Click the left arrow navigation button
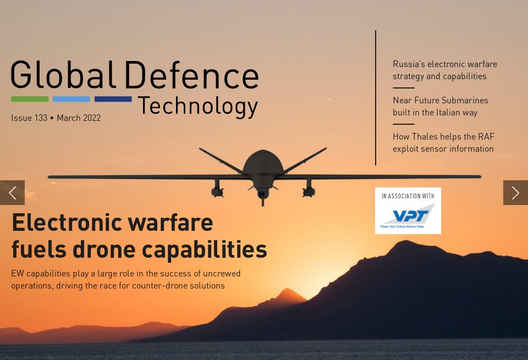12,192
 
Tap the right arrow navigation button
515,192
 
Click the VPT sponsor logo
408,215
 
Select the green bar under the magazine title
30,99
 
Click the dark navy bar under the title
113,99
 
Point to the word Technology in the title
197,106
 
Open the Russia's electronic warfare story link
444,70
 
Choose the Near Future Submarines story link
440,106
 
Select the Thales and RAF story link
443,142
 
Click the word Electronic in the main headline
65,223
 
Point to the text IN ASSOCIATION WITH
408,196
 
